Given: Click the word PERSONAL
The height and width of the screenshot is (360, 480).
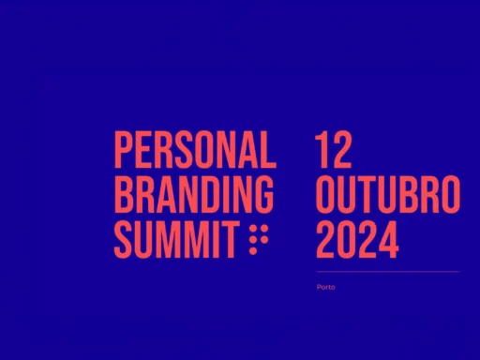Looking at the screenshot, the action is [x=195, y=149].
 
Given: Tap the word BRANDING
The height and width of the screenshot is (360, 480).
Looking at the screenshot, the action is [x=194, y=194].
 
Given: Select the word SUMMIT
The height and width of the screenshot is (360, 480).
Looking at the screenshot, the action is [x=175, y=239].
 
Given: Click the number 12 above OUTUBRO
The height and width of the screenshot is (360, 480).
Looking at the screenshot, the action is [x=333, y=149].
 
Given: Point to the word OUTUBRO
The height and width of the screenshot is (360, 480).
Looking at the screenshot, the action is [x=388, y=194].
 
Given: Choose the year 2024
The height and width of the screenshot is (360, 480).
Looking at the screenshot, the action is [x=357, y=239].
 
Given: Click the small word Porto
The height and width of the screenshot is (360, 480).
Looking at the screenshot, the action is [x=325, y=287].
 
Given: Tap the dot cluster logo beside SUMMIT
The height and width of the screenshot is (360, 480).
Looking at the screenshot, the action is [x=259, y=239].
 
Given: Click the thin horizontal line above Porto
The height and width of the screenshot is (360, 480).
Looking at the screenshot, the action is [x=388, y=272].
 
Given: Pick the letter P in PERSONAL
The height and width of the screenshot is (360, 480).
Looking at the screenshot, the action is [x=124, y=149].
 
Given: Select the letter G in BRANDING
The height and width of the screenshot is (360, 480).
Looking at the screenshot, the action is [x=263, y=194].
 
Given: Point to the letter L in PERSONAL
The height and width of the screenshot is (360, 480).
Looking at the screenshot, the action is [x=268, y=149].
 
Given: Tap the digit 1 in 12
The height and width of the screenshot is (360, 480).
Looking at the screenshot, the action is [x=321, y=149].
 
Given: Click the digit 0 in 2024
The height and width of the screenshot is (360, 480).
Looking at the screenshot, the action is [x=347, y=239].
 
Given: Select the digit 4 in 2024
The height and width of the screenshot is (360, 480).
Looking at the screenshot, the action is [x=388, y=239].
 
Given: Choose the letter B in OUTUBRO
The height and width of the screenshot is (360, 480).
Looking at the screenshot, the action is [x=409, y=194].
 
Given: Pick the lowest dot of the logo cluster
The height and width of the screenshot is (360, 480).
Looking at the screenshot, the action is [x=253, y=250].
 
